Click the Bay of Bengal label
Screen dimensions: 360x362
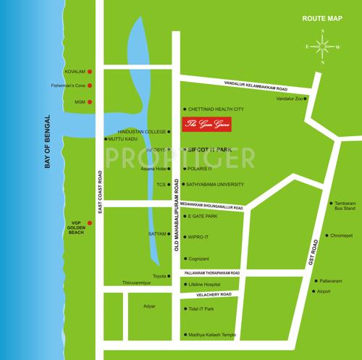pos(49,142)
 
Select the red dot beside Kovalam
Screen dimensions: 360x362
pos(90,72)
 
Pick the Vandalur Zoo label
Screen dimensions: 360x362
pos(289,99)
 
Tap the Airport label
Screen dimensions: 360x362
pos(323,291)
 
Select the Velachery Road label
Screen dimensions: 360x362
pos(209,295)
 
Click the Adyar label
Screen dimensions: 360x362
pos(150,306)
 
